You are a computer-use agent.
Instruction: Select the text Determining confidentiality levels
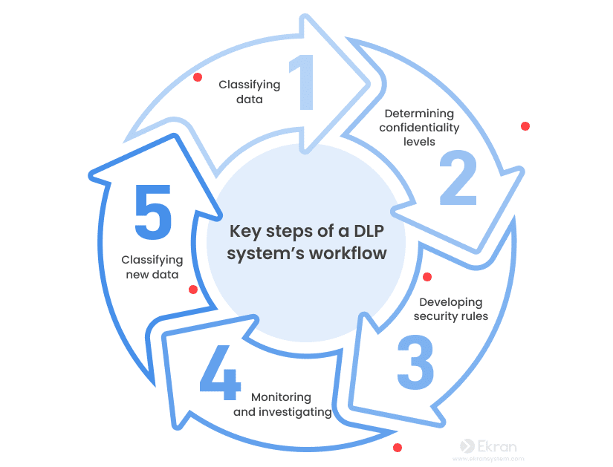coord(419,127)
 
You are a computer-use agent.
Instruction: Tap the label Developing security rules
coord(450,310)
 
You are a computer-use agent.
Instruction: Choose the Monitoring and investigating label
coord(282,405)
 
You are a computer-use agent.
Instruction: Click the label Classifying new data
coord(152,267)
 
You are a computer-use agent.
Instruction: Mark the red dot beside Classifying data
coord(198,77)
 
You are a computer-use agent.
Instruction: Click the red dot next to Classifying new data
coord(193,289)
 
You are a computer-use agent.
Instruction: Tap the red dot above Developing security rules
coord(427,277)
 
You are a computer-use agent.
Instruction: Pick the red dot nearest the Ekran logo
coord(398,448)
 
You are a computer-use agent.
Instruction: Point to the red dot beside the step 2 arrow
coord(525,126)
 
